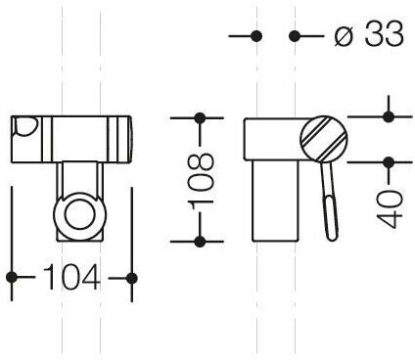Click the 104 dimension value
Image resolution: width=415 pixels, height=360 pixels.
[x=71, y=278]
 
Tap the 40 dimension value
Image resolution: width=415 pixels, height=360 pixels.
[x=390, y=209]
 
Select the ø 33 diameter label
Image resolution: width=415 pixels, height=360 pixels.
[x=369, y=33]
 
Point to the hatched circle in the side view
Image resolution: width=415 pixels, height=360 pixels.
[x=324, y=139]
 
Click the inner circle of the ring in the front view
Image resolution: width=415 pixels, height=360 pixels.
[x=80, y=215]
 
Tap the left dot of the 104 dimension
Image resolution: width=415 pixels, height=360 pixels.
[x=12, y=278]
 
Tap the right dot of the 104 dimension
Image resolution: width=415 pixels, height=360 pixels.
[x=131, y=278]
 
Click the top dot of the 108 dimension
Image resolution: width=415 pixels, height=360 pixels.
[x=200, y=117]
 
